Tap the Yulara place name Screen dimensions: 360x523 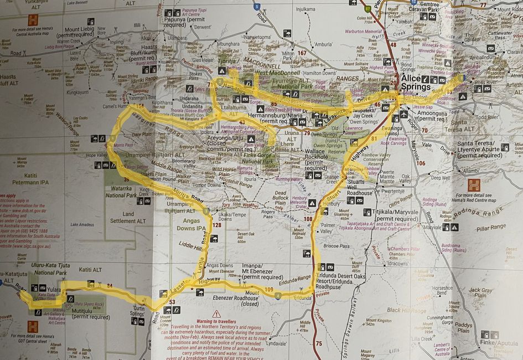pyautogui.click(x=54, y=289)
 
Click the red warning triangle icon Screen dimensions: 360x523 pyautogui.click(x=216, y=313)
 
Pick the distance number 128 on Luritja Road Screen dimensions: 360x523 pyautogui.click(x=216, y=225)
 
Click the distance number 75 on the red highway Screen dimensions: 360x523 pyautogui.click(x=318, y=343)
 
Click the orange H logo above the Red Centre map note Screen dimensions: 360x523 pyautogui.click(x=473, y=185)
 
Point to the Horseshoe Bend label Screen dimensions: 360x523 pyautogui.click(x=443, y=290)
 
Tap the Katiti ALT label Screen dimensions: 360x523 pyautogui.click(x=90, y=270)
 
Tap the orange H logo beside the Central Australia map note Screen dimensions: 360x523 pyautogui.click(x=33, y=19)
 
